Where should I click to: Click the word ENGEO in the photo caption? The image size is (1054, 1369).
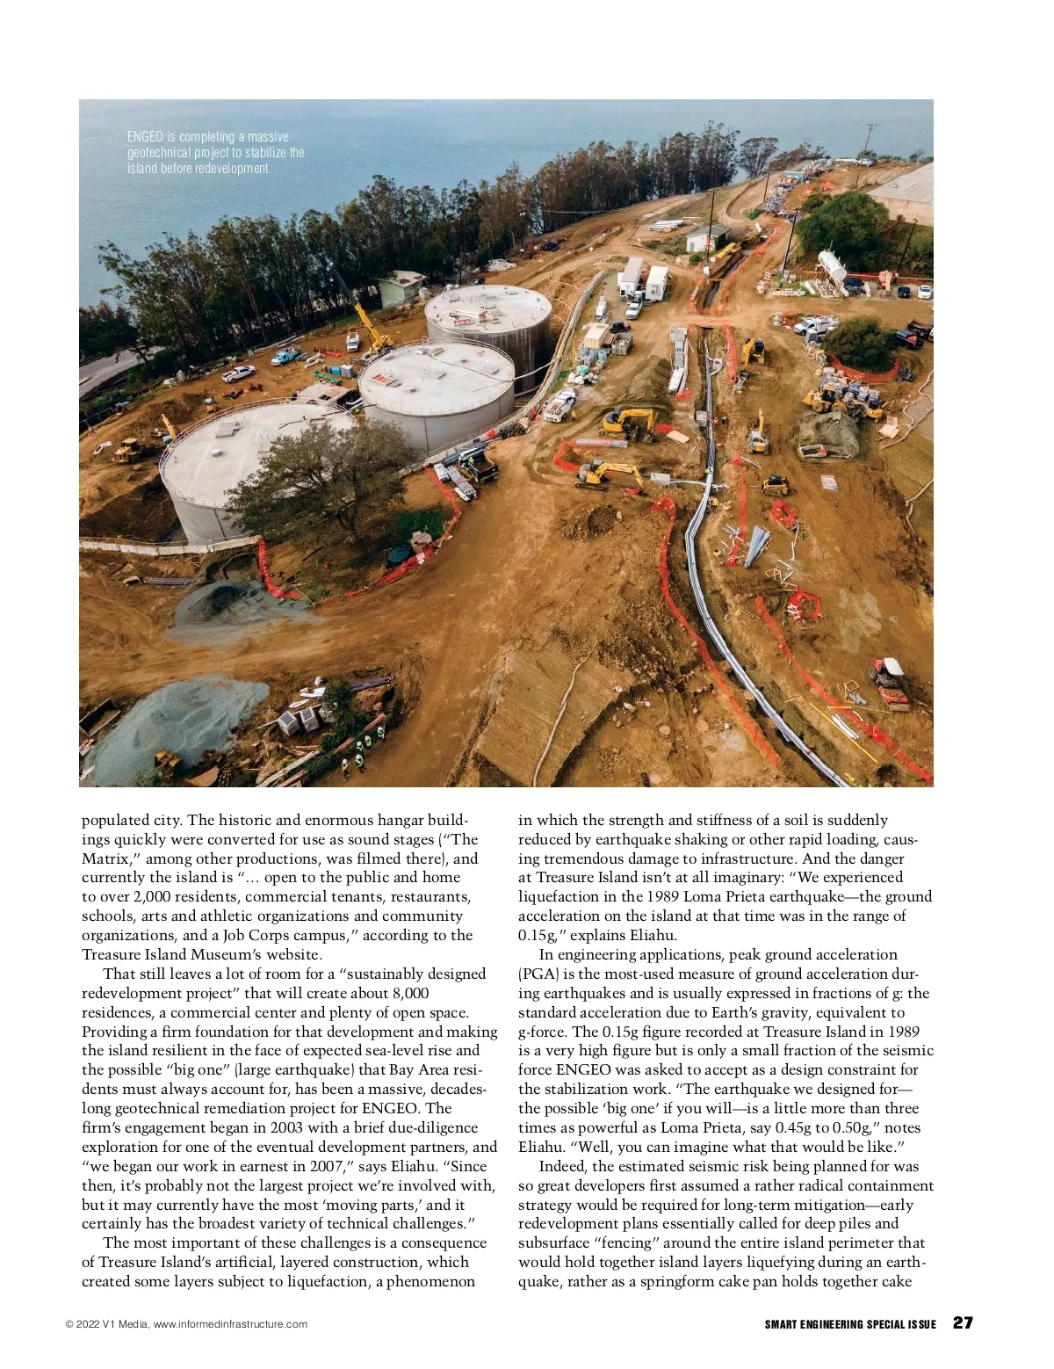144,137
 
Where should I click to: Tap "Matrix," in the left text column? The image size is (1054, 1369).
114,858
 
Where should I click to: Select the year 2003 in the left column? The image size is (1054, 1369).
288,1127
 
